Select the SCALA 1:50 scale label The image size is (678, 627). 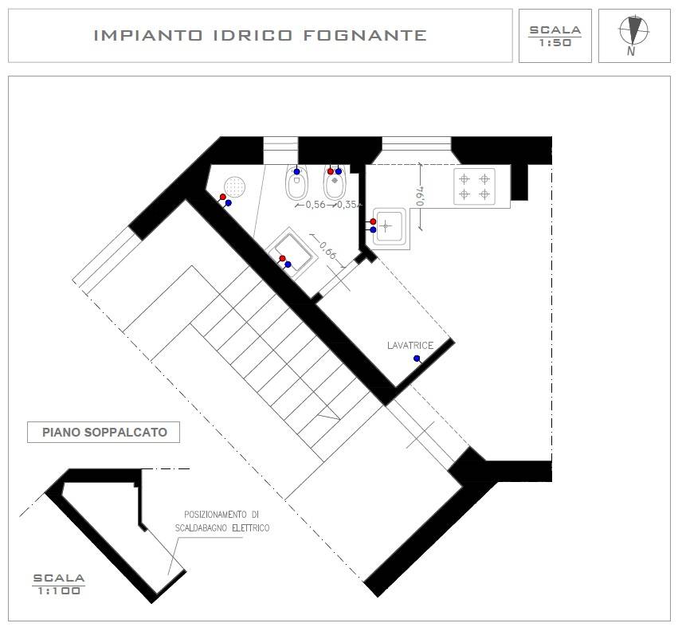(x=555, y=36)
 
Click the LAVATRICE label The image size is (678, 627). (x=410, y=345)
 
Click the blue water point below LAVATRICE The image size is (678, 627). (x=417, y=359)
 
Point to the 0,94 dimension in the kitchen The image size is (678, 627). (x=421, y=196)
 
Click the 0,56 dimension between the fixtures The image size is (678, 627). (x=315, y=205)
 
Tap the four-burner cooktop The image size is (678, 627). (x=474, y=186)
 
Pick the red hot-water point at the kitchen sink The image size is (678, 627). (x=373, y=221)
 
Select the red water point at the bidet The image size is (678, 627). (x=330, y=171)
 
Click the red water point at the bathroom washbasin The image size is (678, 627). (x=282, y=259)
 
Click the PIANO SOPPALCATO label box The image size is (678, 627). (x=104, y=432)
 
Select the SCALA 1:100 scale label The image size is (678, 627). (x=58, y=584)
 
